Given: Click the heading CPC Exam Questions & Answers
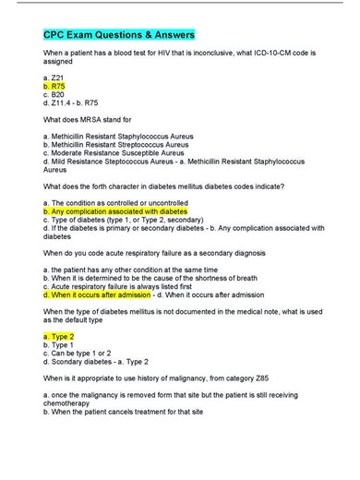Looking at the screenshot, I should coord(119,34).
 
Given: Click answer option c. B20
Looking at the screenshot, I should coord(55,93).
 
